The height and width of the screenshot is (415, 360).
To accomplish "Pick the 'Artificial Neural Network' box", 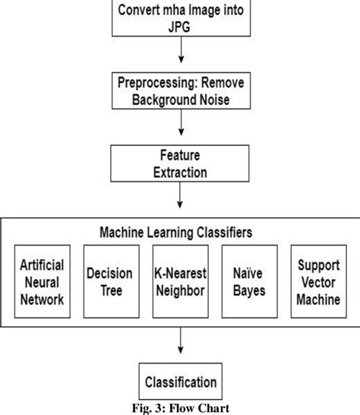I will (43, 283).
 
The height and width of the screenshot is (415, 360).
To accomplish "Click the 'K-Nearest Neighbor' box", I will (181, 283).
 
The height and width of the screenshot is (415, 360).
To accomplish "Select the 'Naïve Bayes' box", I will (250, 283).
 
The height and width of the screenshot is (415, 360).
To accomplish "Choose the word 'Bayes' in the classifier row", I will (250, 291).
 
